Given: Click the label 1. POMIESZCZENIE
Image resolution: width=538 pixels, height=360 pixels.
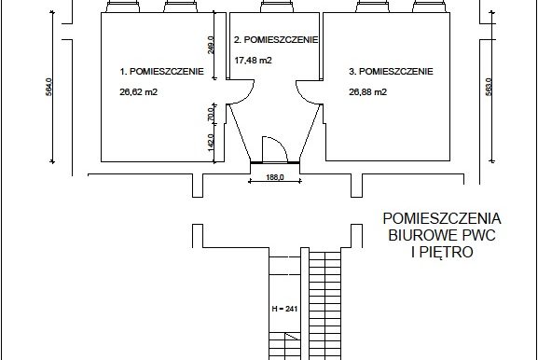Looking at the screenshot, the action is (161, 72).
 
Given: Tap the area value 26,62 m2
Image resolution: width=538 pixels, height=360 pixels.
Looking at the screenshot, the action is (138, 92).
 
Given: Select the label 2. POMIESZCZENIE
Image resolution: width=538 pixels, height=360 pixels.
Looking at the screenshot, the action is (276, 40).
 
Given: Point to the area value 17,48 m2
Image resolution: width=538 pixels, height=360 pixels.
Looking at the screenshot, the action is (254, 61).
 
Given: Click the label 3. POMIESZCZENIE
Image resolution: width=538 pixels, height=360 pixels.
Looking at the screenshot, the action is (391, 72).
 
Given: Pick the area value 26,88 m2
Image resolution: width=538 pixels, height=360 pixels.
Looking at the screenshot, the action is (367, 92).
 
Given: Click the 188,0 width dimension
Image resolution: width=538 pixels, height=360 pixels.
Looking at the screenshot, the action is (275, 177).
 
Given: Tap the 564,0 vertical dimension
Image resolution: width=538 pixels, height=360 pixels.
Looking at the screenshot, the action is (48, 87).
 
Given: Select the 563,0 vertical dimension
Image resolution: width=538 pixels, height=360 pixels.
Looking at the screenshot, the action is (489, 87).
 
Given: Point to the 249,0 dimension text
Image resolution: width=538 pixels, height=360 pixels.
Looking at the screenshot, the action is (211, 45).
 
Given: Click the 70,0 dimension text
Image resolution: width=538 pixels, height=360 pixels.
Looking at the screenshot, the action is (211, 115).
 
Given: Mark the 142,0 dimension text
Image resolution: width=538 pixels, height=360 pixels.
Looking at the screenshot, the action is (211, 142).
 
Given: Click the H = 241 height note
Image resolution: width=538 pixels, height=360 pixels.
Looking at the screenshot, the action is (284, 309).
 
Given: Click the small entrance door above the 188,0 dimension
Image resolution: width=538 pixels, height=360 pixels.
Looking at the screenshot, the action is (274, 149).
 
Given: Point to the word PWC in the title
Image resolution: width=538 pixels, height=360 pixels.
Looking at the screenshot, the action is (479, 235).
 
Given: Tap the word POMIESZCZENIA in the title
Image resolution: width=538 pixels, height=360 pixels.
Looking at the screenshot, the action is (442, 218).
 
